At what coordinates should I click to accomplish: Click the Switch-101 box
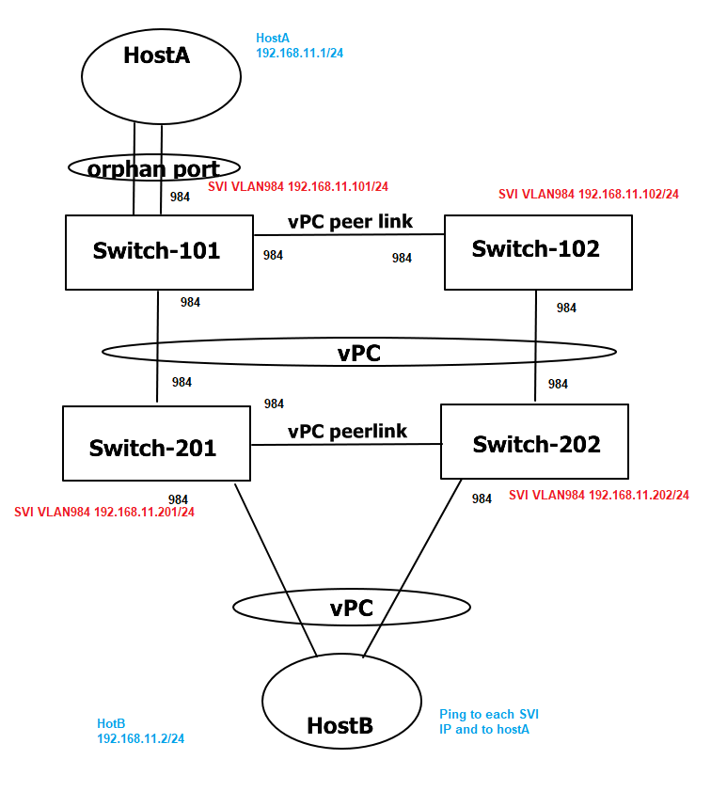coord(159,251)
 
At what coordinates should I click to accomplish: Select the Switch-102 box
coord(537,251)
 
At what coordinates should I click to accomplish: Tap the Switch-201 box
coord(155,447)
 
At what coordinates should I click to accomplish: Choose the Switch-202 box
coord(534,444)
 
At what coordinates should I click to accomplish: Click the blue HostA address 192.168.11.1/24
coord(299,54)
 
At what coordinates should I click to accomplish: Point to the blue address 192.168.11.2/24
coord(140,739)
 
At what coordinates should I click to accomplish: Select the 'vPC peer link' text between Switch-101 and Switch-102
coord(349,222)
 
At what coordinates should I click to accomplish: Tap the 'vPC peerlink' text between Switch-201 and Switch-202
coord(347,431)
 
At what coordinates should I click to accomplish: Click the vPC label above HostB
coord(352,608)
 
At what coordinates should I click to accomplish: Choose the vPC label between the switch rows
coord(358,352)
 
